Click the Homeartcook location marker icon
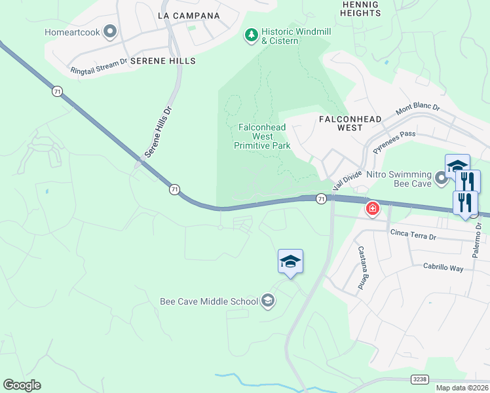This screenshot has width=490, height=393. click(x=110, y=31)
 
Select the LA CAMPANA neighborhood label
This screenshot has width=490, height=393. click(x=189, y=15)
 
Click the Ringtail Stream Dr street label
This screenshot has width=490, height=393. click(x=98, y=66)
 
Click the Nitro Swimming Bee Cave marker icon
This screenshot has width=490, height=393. click(x=442, y=177)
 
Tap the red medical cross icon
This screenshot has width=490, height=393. click(x=373, y=209)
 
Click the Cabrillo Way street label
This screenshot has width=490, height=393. click(x=443, y=268)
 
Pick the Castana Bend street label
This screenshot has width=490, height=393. click(x=361, y=268)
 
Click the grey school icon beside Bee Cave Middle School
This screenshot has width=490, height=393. click(x=267, y=301)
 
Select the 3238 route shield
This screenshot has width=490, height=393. click(x=419, y=379)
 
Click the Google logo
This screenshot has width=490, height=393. click(x=22, y=385)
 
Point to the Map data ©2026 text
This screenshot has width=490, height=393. click(x=461, y=388)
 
